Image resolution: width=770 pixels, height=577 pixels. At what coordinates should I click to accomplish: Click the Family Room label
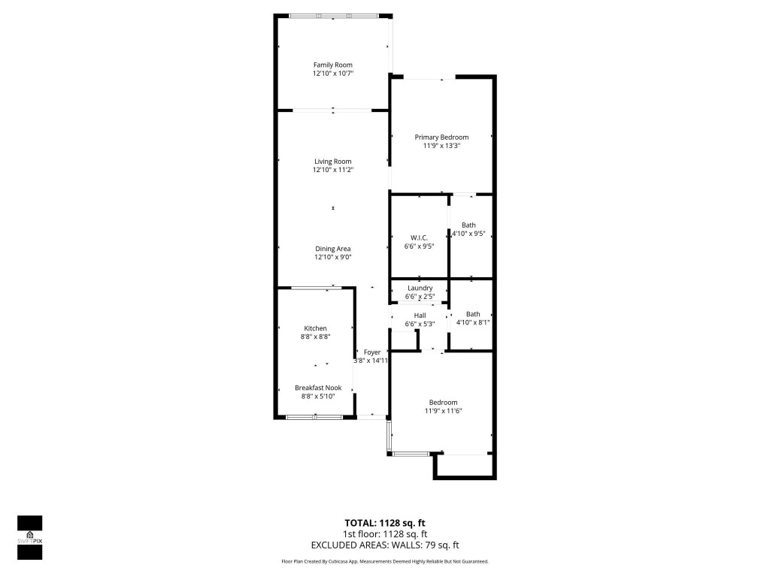pos(332,65)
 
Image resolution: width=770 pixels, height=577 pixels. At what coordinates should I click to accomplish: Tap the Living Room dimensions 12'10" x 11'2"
pos(332,170)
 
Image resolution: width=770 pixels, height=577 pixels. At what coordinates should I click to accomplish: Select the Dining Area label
pos(332,249)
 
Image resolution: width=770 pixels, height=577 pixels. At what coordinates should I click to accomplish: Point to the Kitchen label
pos(315,328)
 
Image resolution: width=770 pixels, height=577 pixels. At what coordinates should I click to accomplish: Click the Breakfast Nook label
pos(317,388)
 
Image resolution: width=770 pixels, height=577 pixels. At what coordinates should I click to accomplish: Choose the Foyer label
pos(372,352)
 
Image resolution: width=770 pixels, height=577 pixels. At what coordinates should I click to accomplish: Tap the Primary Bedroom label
pos(441,137)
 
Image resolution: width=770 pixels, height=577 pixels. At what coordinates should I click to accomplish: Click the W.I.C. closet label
pos(419,237)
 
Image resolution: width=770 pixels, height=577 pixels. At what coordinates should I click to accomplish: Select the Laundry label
pos(420,288)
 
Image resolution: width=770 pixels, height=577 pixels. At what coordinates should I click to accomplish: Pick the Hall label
pos(420,315)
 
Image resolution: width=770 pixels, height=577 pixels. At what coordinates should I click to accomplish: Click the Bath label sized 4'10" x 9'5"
pos(468,225)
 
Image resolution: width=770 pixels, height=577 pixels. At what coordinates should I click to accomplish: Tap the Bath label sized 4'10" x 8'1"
pos(472,314)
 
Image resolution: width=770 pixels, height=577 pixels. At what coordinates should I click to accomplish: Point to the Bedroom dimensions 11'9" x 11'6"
pos(443,411)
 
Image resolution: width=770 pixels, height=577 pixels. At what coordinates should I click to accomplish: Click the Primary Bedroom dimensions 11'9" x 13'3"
pos(441,146)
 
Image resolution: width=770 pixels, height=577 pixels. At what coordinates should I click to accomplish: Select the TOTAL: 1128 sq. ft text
pos(385,523)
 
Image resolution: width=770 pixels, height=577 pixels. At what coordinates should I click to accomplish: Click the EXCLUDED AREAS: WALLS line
pos(385,545)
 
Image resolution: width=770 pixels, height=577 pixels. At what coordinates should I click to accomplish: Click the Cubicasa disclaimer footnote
pos(385,561)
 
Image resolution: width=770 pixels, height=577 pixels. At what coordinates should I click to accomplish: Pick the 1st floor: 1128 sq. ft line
pos(385,534)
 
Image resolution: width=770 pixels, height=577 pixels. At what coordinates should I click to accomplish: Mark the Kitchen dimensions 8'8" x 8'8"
pos(315,337)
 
